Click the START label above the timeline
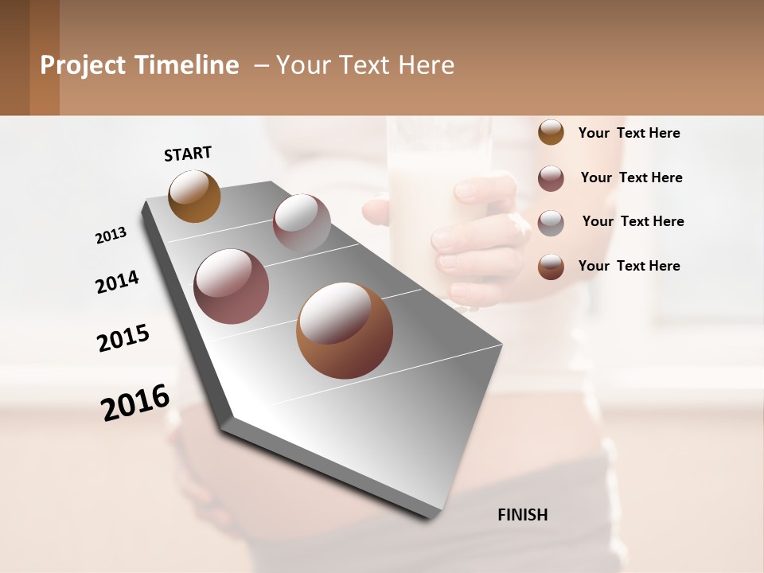coord(188,154)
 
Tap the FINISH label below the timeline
coord(522,515)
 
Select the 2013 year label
coord(111,236)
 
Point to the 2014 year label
coord(117,283)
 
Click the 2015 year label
coord(123,338)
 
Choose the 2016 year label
coord(135,402)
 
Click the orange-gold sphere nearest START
coord(194,196)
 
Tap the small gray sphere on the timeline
coord(302,223)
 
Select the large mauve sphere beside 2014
coord(231,286)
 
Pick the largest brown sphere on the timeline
coord(345,330)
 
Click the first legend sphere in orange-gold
coord(551,132)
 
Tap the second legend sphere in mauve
coord(551,178)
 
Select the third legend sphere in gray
coord(551,223)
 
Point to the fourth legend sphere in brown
coord(551,267)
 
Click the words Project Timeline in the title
coord(139,65)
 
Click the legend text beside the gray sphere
coord(633,221)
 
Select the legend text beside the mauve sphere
coord(631,177)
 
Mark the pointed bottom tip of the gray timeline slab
coord(431,516)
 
